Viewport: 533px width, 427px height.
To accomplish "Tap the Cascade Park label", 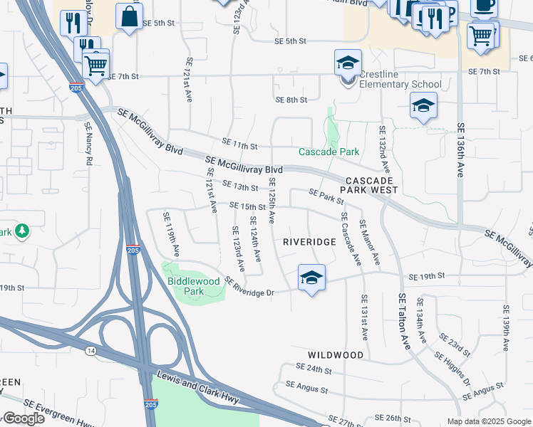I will tap(328, 152).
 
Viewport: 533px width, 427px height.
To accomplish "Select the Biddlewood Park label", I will tap(194, 286).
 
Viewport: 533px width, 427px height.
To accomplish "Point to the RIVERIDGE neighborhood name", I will tap(309, 242).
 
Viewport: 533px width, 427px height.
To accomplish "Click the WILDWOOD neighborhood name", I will tap(336, 354).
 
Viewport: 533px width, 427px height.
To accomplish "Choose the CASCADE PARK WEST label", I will tap(372, 186).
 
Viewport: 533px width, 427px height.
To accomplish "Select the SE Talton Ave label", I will tap(404, 321).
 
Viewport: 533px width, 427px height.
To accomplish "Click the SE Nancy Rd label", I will tap(88, 144).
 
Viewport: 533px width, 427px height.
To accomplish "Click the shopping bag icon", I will tap(129, 17).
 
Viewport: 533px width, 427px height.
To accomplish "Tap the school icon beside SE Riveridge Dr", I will tap(311, 277).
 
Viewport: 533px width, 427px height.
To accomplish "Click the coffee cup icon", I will tap(484, 6).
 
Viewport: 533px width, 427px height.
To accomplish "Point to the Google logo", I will tap(23, 418).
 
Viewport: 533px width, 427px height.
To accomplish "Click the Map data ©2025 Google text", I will tap(488, 421).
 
